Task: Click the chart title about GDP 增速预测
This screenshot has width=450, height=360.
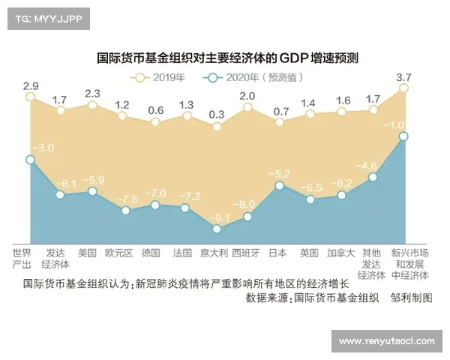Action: point(229,57)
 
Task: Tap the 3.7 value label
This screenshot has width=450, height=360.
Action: point(403,77)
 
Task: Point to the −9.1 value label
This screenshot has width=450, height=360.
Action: point(218,218)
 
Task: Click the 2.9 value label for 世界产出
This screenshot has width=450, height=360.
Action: point(30,85)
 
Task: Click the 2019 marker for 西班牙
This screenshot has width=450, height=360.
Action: point(247,107)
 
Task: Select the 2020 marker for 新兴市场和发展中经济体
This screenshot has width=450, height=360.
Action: point(403,136)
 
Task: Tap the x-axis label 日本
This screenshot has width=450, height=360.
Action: point(278,253)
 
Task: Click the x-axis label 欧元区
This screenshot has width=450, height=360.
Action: point(118,253)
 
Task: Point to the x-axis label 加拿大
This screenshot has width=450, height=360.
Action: point(340,253)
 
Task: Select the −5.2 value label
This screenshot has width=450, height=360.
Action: point(279,173)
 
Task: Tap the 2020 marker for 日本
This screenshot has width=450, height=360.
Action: point(279,184)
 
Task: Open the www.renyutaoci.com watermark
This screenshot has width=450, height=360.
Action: point(385,341)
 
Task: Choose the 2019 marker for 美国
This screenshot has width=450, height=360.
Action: point(92,105)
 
